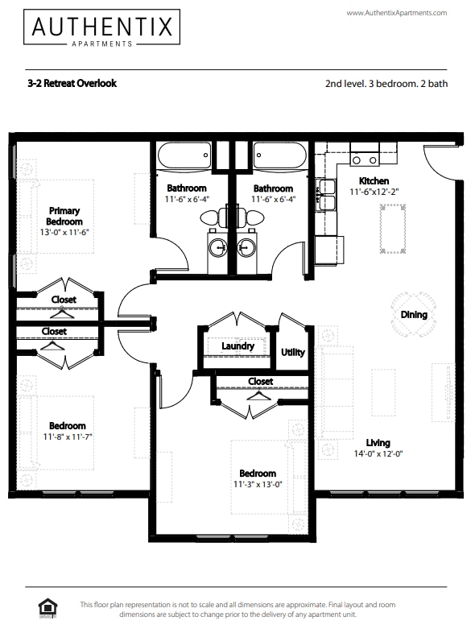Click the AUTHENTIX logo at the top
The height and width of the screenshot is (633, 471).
[x=101, y=27]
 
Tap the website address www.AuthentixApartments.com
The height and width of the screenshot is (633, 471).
[x=396, y=13]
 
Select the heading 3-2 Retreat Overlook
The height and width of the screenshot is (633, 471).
[x=72, y=83]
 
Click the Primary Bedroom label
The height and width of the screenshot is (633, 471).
[x=64, y=216]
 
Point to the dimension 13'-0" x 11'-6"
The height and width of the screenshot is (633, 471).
[x=64, y=232]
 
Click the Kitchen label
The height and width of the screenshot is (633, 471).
[x=374, y=181]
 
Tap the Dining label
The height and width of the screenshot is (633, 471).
[x=414, y=315]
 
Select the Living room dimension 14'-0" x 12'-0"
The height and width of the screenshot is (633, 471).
[x=378, y=453]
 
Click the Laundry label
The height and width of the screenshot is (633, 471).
[x=238, y=346]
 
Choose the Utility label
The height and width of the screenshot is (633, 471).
[x=292, y=352]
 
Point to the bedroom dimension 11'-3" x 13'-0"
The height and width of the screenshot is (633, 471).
[x=258, y=485]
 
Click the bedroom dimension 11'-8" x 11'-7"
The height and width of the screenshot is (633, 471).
[x=67, y=437]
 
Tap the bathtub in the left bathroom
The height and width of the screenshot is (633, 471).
[x=184, y=154]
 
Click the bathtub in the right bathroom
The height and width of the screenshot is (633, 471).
[x=279, y=154]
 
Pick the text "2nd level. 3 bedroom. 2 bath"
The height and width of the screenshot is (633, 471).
[x=385, y=83]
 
